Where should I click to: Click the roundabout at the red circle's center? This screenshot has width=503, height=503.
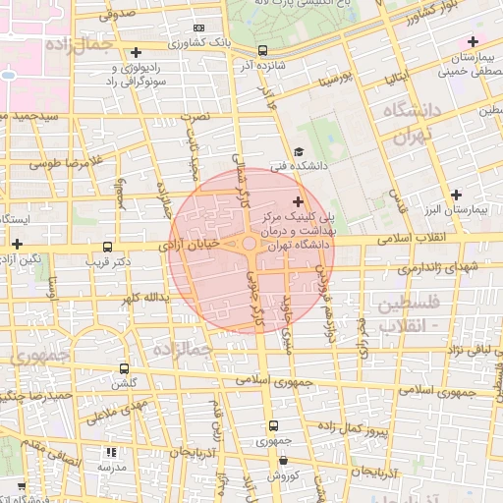251,245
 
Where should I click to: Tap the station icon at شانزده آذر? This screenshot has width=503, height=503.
262,50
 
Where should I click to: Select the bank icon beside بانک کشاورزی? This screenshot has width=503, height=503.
200,28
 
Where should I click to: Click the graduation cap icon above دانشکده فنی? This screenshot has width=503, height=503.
298,152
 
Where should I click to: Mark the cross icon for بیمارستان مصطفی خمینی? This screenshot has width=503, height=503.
474,41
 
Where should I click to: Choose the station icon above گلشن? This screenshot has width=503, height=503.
124,368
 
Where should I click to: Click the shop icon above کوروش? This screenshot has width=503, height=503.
283,459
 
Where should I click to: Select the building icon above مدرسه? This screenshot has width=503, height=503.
110,452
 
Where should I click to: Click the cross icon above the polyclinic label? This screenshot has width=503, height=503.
298,201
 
